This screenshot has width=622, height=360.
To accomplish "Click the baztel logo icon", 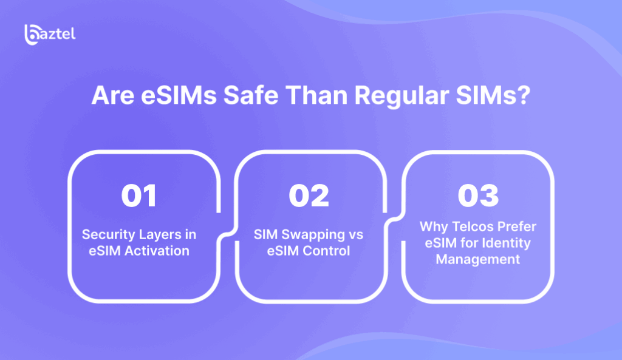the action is point(32,35).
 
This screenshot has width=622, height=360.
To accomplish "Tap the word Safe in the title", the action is point(251,95).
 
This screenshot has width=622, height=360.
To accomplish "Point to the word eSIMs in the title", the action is point(179,95).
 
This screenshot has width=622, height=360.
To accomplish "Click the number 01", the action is point(139,195).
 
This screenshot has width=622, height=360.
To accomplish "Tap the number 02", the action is point(309,195).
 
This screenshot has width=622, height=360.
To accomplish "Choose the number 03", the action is point(478,195).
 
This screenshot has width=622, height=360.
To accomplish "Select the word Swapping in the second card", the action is point(313,235).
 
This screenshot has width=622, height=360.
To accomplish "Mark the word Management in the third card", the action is point(477,259).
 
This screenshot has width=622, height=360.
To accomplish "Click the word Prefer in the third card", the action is point(518,226).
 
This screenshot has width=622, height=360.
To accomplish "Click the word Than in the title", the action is point(316,95).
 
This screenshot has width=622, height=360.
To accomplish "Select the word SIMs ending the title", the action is point(487,95).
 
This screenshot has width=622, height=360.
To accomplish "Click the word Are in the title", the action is point(112,95).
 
